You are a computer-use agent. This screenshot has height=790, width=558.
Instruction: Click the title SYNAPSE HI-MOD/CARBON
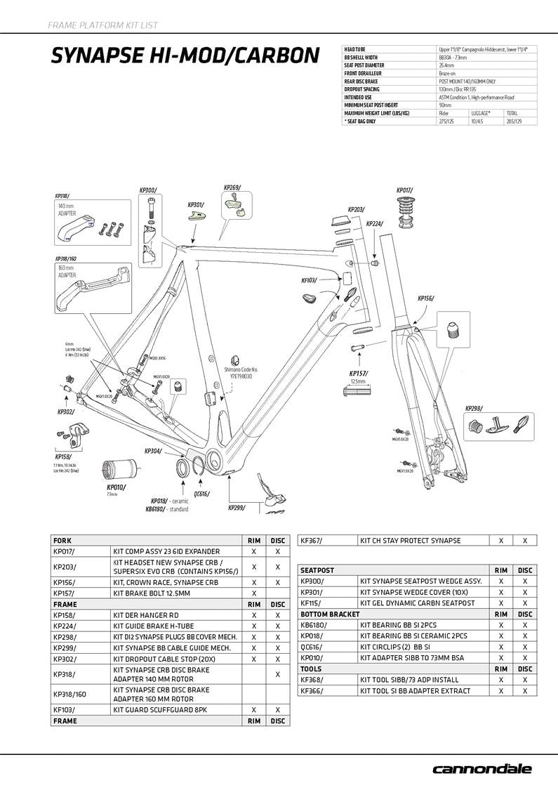pyautogui.click(x=185, y=55)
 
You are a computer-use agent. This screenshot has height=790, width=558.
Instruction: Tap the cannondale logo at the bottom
pyautogui.click(x=481, y=769)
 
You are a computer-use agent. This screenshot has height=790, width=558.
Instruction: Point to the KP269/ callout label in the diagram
pyautogui.click(x=232, y=187)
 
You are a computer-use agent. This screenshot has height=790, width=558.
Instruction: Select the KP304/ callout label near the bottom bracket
pyautogui.click(x=153, y=451)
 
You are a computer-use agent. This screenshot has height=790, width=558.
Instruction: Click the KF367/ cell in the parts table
pyautogui.click(x=310, y=541)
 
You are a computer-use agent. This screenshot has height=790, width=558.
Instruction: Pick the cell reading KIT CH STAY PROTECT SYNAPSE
pyautogui.click(x=410, y=541)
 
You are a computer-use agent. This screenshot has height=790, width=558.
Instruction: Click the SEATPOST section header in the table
pyautogui.click(x=317, y=571)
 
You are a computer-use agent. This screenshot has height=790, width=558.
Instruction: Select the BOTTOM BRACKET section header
pyautogui.click(x=330, y=614)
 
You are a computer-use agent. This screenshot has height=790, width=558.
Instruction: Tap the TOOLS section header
pyautogui.click(x=310, y=669)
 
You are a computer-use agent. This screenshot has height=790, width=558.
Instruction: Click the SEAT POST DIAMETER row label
pyautogui.click(x=364, y=65)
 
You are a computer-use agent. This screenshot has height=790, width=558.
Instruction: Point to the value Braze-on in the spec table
pyautogui.click(x=446, y=73)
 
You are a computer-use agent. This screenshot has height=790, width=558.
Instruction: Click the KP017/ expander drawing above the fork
pyautogui.click(x=406, y=211)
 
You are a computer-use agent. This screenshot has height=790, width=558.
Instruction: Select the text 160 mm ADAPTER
pyautogui.click(x=67, y=271)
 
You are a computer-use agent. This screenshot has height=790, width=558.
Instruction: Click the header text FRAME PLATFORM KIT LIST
pyautogui.click(x=102, y=25)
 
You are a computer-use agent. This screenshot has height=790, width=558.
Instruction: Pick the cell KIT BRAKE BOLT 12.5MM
pyautogui.click(x=152, y=593)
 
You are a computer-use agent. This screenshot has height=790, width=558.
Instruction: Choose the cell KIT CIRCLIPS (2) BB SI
pyautogui.click(x=395, y=647)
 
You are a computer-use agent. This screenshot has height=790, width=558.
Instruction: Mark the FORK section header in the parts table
pyautogui.click(x=65, y=541)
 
